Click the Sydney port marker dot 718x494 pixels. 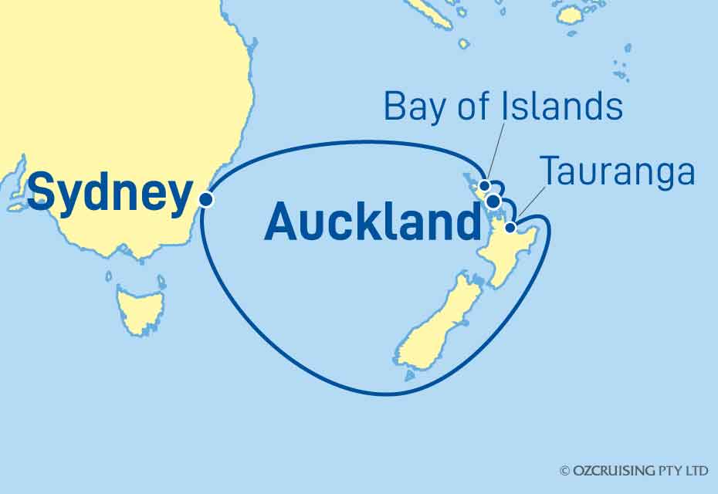click(205, 199)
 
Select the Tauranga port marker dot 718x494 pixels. click(510, 227)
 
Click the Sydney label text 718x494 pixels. click(109, 193)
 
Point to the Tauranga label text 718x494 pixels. click(617, 172)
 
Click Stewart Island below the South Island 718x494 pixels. click(409, 377)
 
